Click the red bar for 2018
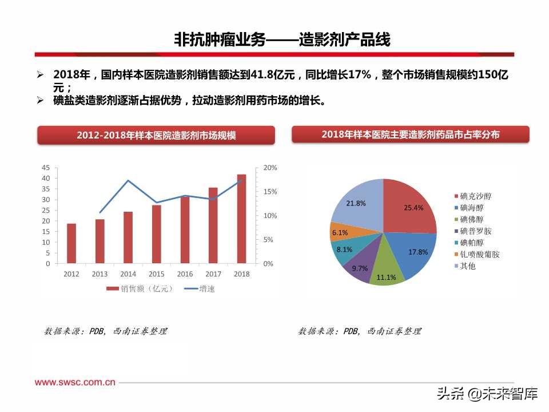[241, 219]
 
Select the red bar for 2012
[71, 244]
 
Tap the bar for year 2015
[156, 235]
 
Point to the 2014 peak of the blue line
[128, 181]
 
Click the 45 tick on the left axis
[46, 168]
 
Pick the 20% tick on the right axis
[270, 168]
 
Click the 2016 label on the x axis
[185, 274]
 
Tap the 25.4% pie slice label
[413, 208]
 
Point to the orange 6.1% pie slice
[341, 232]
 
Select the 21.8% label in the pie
[356, 203]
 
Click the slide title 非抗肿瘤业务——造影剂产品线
[282, 40]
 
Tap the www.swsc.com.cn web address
[75, 382]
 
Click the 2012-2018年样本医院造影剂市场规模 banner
[156, 136]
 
